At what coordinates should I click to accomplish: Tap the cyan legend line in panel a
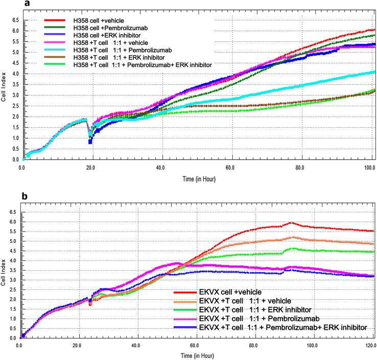56,50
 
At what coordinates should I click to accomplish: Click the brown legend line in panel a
56,57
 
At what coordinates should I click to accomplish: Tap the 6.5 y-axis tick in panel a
14,19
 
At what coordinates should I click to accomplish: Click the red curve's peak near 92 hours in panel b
291,222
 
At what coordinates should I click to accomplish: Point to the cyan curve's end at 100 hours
374,72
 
